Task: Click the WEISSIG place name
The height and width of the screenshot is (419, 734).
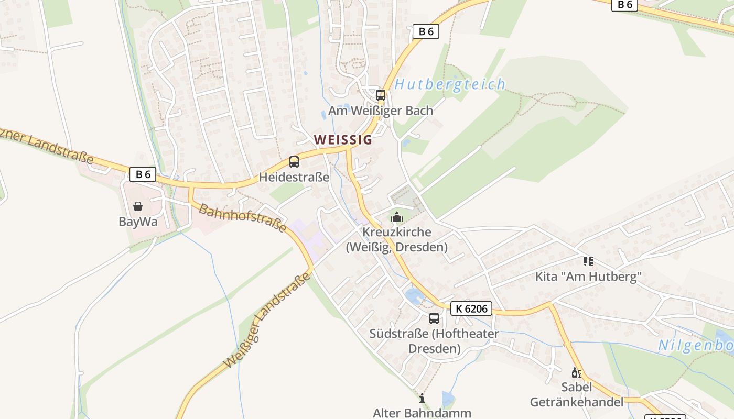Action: (x=343, y=140)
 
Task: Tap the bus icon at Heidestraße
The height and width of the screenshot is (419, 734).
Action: (x=294, y=162)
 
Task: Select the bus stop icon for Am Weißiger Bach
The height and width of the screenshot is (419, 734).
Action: (x=381, y=95)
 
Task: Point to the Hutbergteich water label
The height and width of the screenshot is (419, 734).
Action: (x=450, y=84)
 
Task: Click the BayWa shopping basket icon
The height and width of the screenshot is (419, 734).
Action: (x=138, y=206)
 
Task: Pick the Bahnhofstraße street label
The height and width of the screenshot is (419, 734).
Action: (x=242, y=218)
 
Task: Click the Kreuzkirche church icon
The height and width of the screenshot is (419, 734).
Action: (x=397, y=217)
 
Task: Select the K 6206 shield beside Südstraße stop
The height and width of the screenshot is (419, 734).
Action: (x=471, y=309)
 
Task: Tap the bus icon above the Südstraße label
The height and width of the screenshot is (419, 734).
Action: (x=434, y=318)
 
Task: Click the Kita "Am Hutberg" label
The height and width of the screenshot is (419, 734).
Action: (x=588, y=277)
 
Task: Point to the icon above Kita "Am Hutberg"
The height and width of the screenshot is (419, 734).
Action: (x=588, y=261)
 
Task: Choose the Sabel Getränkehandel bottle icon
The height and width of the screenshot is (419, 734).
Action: (x=576, y=372)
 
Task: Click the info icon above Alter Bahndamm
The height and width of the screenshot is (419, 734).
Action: (x=422, y=399)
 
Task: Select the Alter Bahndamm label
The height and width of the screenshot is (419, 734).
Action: (x=422, y=413)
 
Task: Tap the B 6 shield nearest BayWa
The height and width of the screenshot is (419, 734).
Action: (x=143, y=174)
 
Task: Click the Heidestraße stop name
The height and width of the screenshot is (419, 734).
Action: (x=294, y=177)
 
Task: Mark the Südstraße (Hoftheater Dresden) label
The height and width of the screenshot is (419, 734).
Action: (x=434, y=341)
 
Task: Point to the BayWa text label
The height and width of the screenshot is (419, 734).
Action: (x=138, y=222)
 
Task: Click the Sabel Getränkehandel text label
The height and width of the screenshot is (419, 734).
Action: (x=577, y=395)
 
